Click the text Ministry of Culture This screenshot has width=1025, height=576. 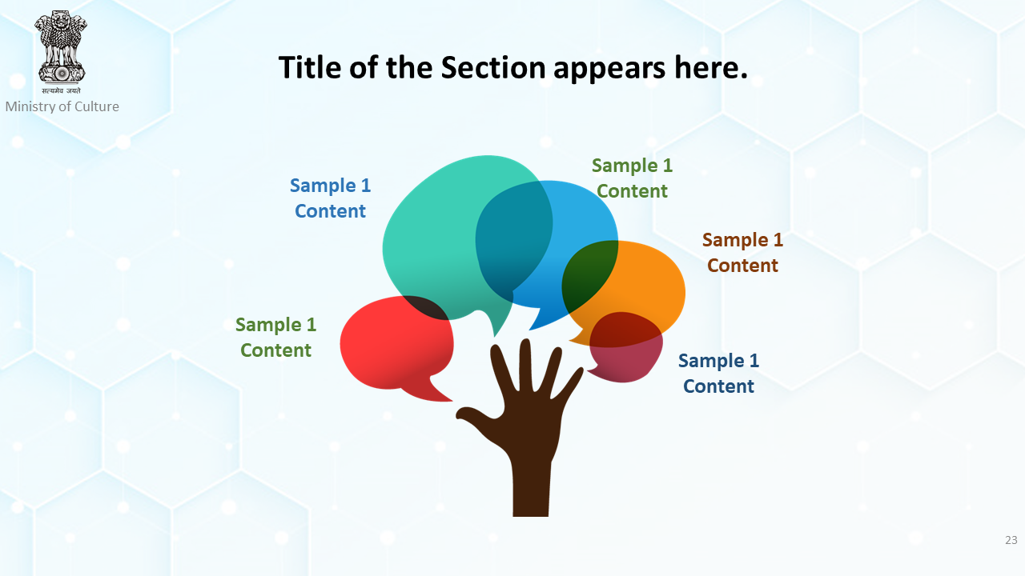(62, 106)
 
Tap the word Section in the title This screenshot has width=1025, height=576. (493, 67)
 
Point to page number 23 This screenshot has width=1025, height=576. (1011, 540)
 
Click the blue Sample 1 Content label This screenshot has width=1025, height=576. (330, 198)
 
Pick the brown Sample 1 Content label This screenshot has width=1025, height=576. (742, 252)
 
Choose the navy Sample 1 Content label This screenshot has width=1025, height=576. (718, 373)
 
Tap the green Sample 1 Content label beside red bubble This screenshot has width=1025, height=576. (275, 338)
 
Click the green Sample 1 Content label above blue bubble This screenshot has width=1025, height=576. (632, 178)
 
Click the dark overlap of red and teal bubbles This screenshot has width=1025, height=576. (425, 307)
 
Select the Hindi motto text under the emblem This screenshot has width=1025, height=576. (62, 90)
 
